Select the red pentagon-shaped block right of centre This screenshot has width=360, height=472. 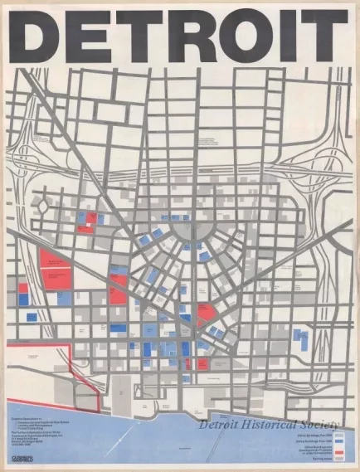click(205, 313)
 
